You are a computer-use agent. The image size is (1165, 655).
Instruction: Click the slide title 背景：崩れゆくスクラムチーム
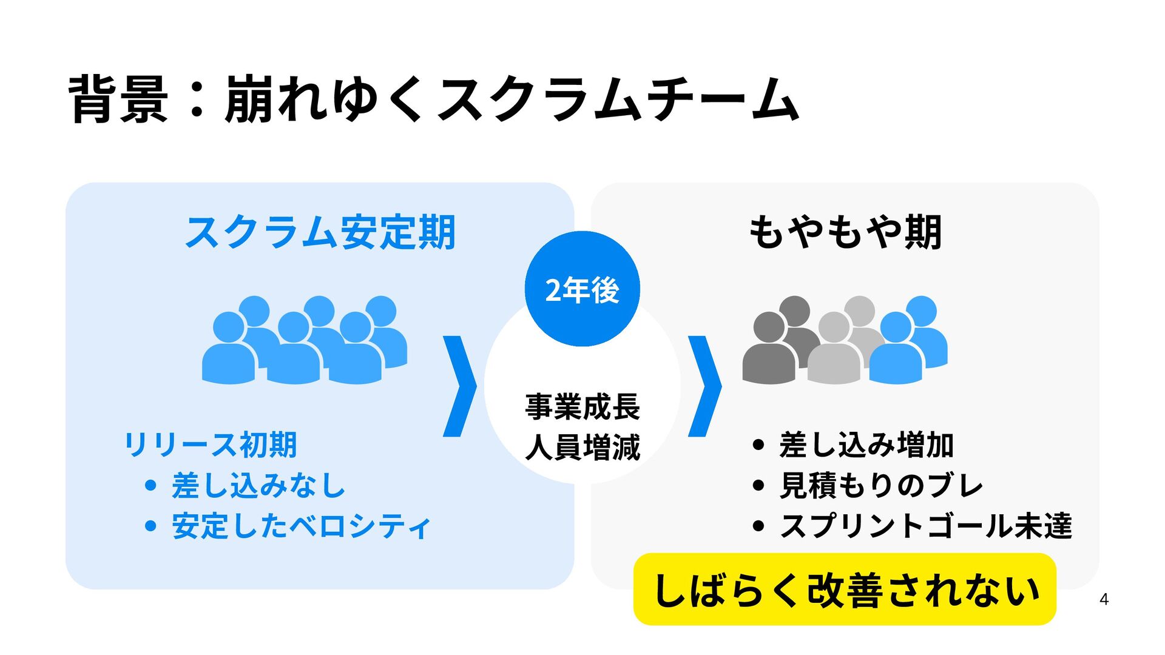tap(433, 99)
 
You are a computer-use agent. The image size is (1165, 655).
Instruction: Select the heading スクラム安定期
tap(320, 232)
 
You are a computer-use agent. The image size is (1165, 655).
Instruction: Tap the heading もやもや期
tap(845, 232)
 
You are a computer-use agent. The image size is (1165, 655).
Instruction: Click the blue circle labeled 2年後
tap(582, 289)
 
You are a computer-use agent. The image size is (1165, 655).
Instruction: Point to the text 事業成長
tap(582, 406)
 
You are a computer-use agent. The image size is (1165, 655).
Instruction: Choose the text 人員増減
tap(582, 448)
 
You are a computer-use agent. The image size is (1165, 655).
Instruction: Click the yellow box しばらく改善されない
tap(845, 589)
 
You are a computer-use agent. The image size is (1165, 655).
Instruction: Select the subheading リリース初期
tap(210, 445)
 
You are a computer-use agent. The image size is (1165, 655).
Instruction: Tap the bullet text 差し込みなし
tap(258, 485)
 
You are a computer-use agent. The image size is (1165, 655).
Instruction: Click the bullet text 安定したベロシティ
tap(302, 526)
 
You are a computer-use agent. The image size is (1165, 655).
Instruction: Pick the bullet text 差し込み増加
tap(866, 445)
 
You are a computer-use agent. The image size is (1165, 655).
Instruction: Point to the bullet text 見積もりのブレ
tap(881, 485)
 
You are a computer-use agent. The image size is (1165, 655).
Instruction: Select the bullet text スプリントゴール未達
tap(926, 526)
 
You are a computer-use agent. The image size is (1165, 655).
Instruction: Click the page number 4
tap(1104, 599)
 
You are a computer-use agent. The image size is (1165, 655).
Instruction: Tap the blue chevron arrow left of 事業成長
tap(460, 386)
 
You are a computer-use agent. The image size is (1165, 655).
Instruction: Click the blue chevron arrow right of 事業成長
tap(705, 386)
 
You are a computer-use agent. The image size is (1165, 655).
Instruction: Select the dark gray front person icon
tap(769, 352)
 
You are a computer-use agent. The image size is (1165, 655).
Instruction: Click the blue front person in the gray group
tap(896, 352)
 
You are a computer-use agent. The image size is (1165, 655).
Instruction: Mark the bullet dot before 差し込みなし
tap(151, 485)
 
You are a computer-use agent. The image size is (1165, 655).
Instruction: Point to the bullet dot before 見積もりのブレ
tap(758, 485)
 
